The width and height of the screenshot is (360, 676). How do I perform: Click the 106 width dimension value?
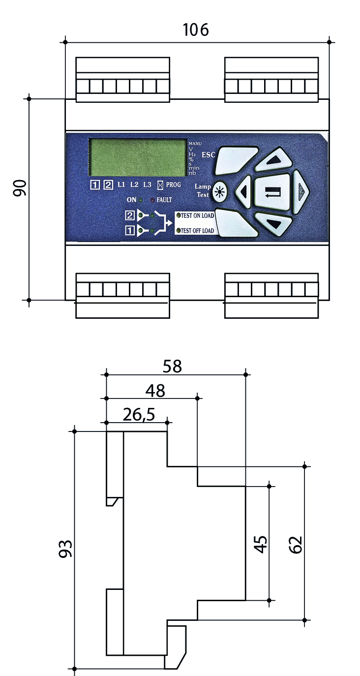196,30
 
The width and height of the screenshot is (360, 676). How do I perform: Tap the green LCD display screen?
137,157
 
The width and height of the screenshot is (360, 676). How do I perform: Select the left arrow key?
244,191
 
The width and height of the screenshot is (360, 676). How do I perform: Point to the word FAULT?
164,200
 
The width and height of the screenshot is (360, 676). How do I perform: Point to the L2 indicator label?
134,185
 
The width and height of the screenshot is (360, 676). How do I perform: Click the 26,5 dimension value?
139,415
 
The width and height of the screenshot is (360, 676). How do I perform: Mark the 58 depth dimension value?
172,366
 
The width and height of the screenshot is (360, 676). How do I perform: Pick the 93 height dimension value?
65,549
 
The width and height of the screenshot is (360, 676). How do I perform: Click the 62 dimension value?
296,544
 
